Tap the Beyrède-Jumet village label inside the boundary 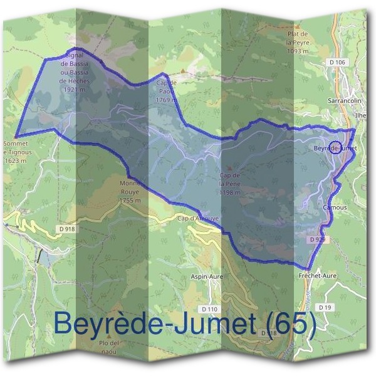(x=334, y=148)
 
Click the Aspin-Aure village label (x=207, y=275)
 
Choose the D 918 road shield (x=68, y=229)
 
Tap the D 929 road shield (x=318, y=239)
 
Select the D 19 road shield (x=324, y=307)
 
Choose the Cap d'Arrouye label (x=197, y=219)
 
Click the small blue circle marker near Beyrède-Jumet (x=334, y=149)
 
